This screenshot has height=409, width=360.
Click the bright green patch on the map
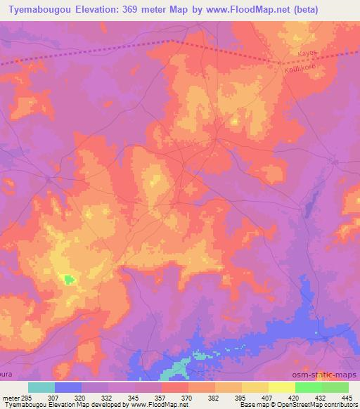click(70, 279)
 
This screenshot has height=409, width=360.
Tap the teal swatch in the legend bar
click(41, 387)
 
